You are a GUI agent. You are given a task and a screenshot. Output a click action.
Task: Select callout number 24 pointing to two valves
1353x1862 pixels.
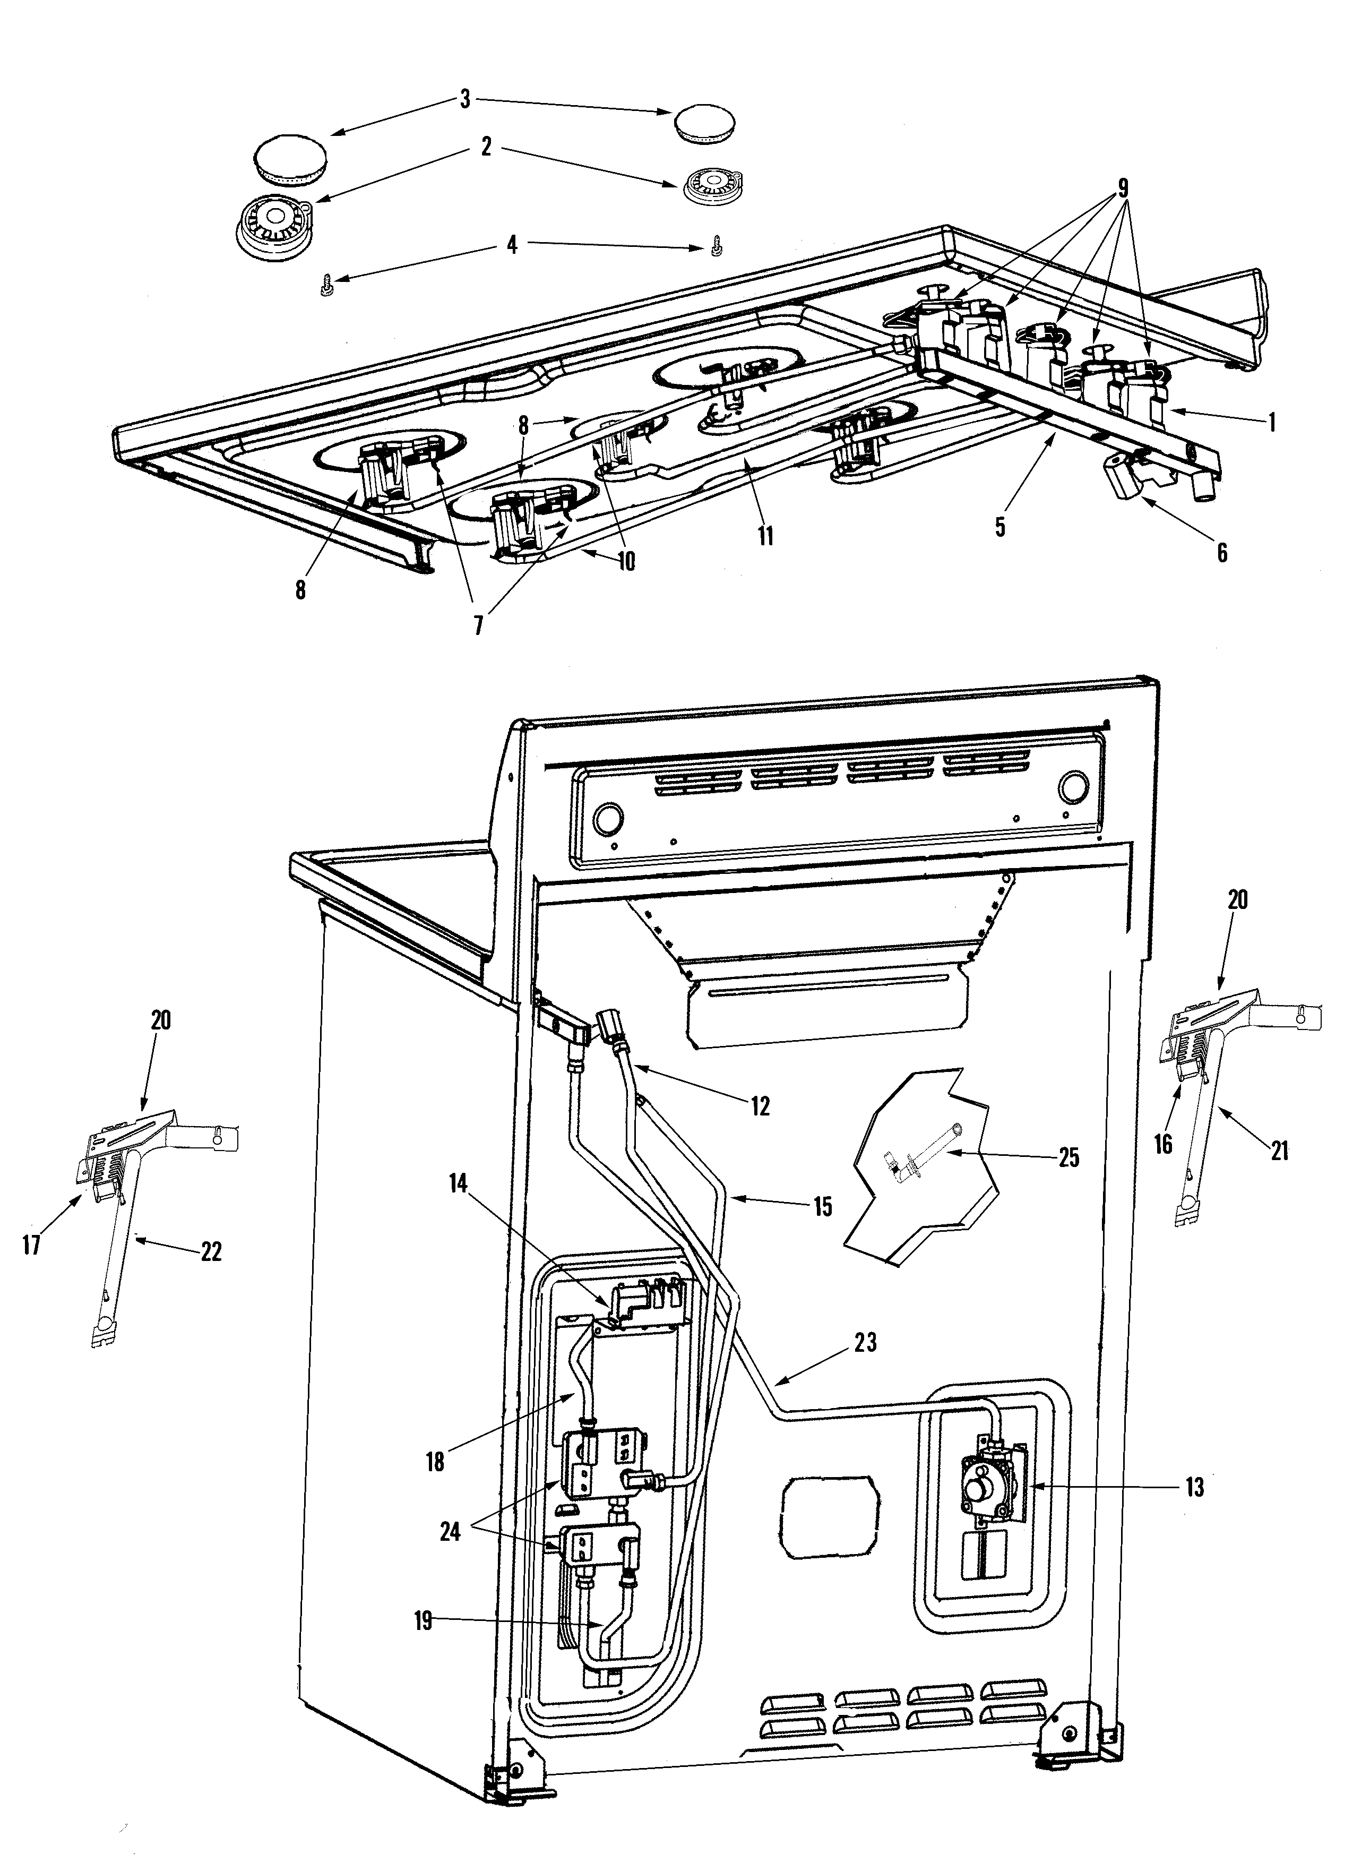[450, 1532]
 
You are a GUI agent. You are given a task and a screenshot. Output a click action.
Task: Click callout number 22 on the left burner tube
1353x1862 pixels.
[211, 1253]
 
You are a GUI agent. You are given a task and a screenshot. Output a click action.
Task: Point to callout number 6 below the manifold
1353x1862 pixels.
[1222, 553]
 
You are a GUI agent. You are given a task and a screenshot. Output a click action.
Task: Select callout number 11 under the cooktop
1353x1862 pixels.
[765, 536]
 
